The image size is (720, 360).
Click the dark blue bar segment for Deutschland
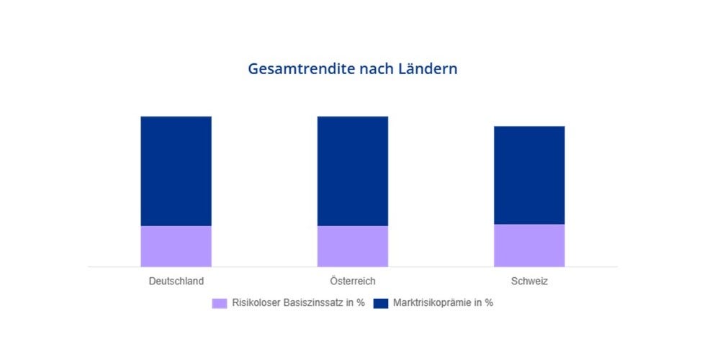pyautogui.click(x=176, y=171)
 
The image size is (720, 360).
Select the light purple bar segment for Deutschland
pyautogui.click(x=176, y=246)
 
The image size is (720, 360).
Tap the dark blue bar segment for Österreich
pyautogui.click(x=353, y=171)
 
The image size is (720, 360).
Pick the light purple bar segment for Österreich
pyautogui.click(x=353, y=246)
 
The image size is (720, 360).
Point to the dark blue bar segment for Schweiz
pyautogui.click(x=529, y=176)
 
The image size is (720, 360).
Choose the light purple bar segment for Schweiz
pyautogui.click(x=529, y=246)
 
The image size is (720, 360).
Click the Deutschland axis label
pyautogui.click(x=176, y=281)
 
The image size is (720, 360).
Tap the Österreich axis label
pyautogui.click(x=353, y=281)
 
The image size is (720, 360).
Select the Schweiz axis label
pyautogui.click(x=529, y=281)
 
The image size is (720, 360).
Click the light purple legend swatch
pyautogui.click(x=220, y=303)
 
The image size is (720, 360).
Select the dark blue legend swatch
pyautogui.click(x=381, y=303)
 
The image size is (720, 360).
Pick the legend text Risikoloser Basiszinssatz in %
pyautogui.click(x=298, y=303)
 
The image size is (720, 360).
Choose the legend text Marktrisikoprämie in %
pyautogui.click(x=443, y=303)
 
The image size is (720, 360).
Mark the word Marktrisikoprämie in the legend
pyautogui.click(x=433, y=303)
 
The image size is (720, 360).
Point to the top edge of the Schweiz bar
pyautogui.click(x=529, y=127)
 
